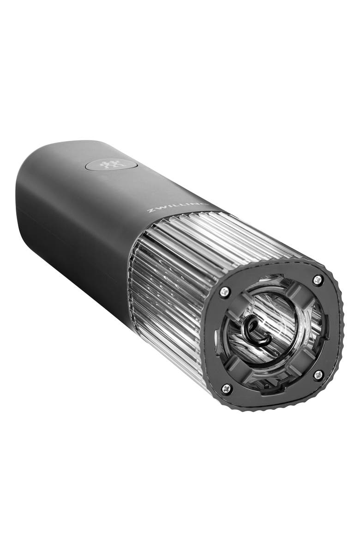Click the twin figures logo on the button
(109, 165)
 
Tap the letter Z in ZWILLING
(150, 211)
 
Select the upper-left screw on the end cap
(224, 291)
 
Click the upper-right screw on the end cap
(318, 280)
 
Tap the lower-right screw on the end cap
(318, 375)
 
